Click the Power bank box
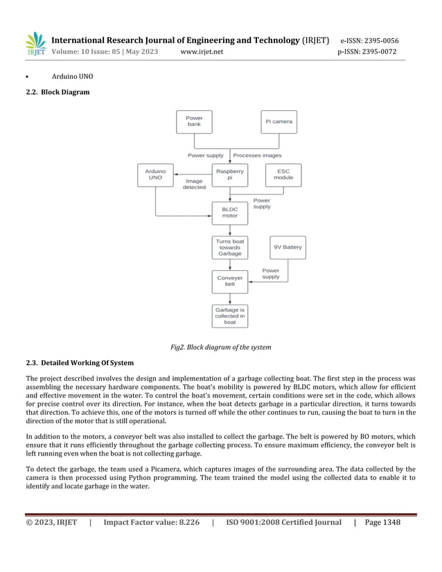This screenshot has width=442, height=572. (x=194, y=122)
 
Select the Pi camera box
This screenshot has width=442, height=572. (x=279, y=122)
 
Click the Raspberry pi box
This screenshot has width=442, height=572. (x=229, y=175)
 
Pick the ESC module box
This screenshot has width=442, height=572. (x=283, y=175)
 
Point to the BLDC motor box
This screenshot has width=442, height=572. (x=229, y=212)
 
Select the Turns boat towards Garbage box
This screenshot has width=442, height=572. (x=229, y=247)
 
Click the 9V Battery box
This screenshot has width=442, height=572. (x=288, y=247)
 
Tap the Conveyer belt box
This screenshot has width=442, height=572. (x=229, y=281)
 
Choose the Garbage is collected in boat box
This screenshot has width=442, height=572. (x=229, y=316)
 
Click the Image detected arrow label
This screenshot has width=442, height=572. (x=194, y=184)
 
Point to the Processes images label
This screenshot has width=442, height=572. (x=257, y=155)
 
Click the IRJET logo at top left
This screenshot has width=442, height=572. (x=36, y=44)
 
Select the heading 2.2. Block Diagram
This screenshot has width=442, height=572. (x=58, y=92)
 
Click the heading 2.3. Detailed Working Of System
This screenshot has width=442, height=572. (x=80, y=363)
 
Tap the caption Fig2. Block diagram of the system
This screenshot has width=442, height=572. (x=221, y=347)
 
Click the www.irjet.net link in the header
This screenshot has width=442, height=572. (x=201, y=52)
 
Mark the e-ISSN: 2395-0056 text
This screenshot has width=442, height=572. (x=369, y=40)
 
